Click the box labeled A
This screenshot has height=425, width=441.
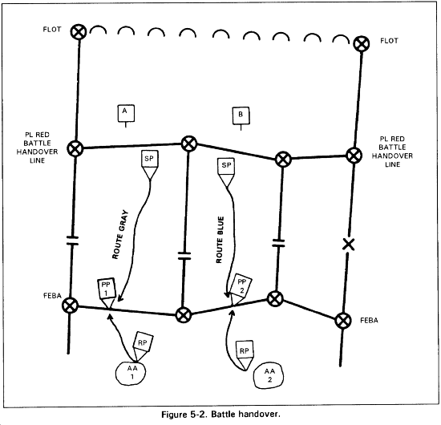(x=126, y=113)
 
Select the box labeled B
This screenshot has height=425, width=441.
(x=241, y=115)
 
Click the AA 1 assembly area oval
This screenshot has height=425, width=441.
(x=131, y=373)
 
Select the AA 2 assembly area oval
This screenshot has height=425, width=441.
(x=269, y=376)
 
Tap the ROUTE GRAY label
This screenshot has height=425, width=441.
(x=120, y=234)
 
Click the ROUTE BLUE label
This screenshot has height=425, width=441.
(x=220, y=240)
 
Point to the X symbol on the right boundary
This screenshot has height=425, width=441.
(x=349, y=244)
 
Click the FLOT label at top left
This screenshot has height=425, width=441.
(x=52, y=29)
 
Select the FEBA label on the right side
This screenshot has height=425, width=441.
(x=369, y=321)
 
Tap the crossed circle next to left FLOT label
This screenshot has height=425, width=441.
(x=79, y=31)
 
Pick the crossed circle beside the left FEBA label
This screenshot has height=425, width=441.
(x=70, y=306)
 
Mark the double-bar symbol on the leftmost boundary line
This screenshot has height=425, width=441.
(x=72, y=241)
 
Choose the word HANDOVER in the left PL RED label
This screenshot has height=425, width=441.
(x=37, y=152)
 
